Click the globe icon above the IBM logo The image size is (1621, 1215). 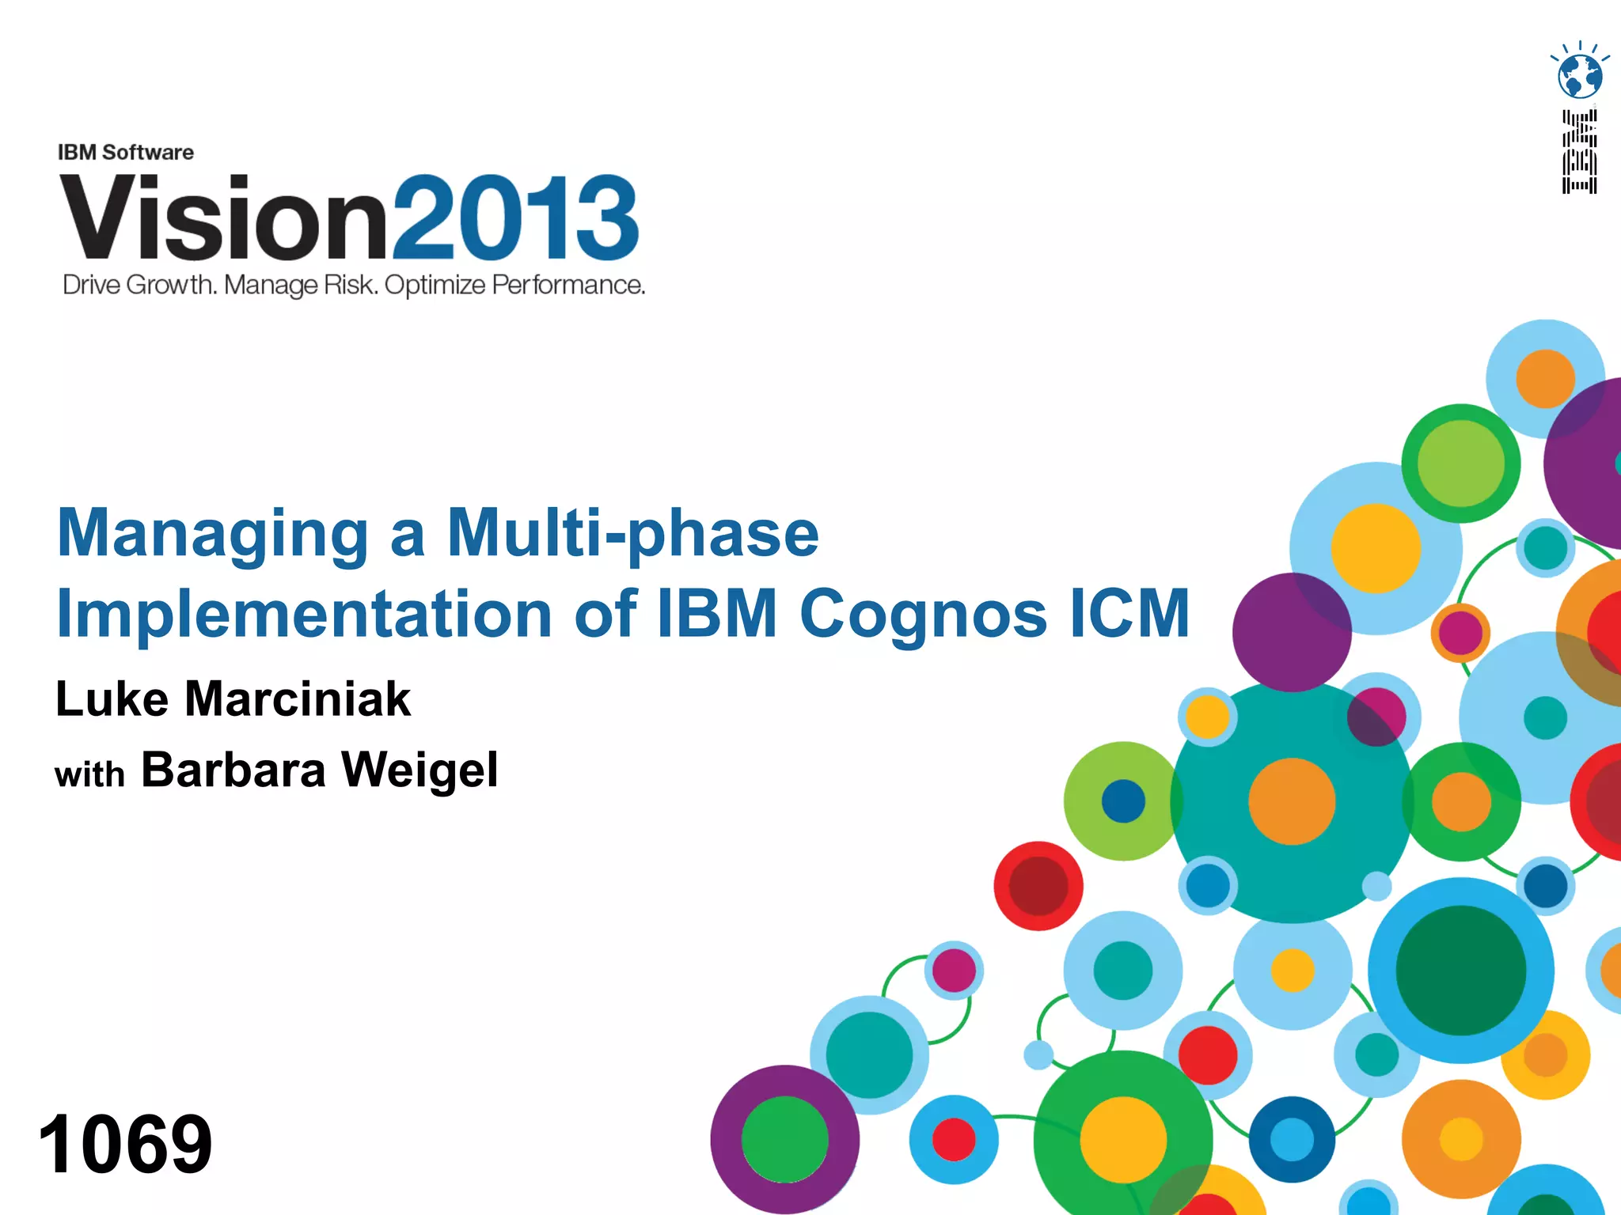1580,75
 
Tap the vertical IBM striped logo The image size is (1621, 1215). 1580,152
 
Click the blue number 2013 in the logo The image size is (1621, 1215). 515,218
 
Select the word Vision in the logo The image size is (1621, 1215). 224,218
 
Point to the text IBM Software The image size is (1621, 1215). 126,152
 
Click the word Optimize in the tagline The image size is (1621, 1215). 435,285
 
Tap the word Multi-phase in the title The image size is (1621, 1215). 632,533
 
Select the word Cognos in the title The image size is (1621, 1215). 924,614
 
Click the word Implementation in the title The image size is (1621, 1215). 305,614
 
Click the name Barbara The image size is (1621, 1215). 233,770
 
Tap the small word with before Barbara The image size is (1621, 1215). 89,774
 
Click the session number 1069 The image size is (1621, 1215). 125,1143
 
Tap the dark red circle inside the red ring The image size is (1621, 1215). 1038,886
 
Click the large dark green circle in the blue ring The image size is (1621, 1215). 1461,971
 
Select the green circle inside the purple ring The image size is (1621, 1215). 784,1140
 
